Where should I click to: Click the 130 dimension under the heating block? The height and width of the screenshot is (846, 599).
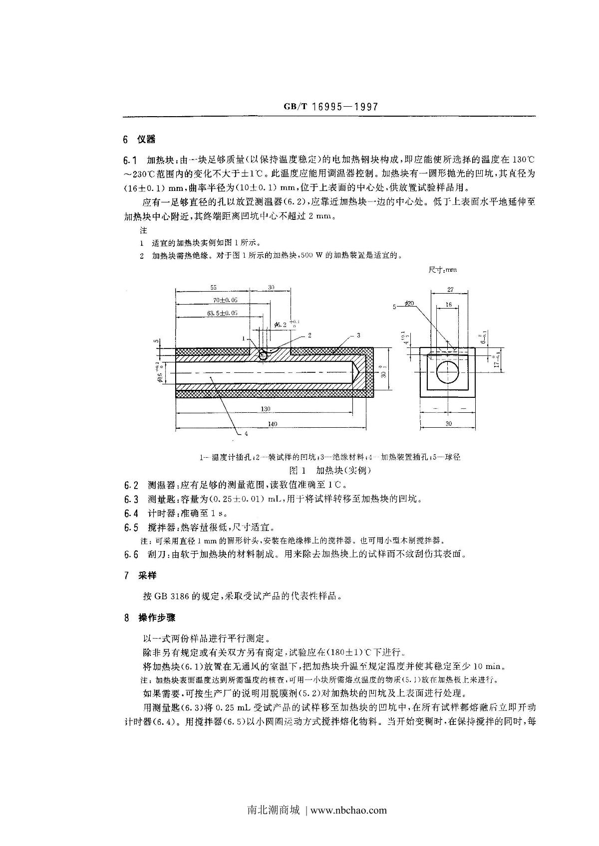265,409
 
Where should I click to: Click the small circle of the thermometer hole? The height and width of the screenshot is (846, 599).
262,354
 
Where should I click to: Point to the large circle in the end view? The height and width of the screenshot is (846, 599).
448,372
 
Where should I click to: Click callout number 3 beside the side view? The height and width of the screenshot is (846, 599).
358,336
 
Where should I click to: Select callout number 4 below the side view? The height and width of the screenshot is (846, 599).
246,434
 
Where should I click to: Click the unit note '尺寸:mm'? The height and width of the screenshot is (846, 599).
443,270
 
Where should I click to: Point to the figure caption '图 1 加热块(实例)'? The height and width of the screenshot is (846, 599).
330,470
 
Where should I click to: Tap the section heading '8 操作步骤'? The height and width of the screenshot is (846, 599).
150,618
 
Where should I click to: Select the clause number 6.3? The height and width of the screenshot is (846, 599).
131,499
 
